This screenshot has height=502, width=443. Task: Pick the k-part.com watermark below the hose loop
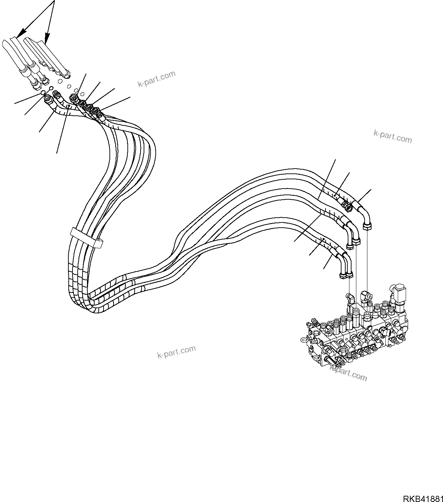176,352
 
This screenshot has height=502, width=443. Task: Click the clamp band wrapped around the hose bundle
87,237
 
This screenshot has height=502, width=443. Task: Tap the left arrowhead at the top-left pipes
19,34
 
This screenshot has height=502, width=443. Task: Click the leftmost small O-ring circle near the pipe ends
42,93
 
